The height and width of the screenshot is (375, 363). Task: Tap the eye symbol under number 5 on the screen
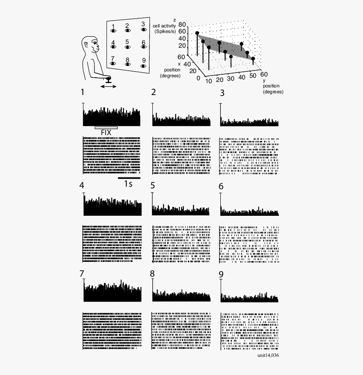coord(127,48)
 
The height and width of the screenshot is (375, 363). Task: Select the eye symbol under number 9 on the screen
coord(143,66)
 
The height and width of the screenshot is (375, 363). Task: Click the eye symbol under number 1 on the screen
coord(113,30)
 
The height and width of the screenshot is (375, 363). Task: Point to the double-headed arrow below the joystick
coord(109,87)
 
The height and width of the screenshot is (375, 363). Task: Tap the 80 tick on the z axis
coord(182,25)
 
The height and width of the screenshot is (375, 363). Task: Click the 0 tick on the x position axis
coord(199,78)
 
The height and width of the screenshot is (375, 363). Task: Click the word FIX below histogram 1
coord(106,132)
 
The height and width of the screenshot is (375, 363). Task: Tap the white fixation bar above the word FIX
coord(106,127)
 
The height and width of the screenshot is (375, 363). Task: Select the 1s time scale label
coord(128,184)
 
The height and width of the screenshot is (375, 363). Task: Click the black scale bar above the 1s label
coord(129,178)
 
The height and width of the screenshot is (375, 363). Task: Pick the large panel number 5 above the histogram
coord(153,185)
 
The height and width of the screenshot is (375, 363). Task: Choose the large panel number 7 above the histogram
coord(82,274)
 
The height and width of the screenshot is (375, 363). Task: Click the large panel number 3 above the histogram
coord(222,93)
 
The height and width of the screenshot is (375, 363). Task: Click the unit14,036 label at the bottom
coord(268,355)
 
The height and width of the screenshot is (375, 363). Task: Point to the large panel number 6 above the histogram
coord(221,186)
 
